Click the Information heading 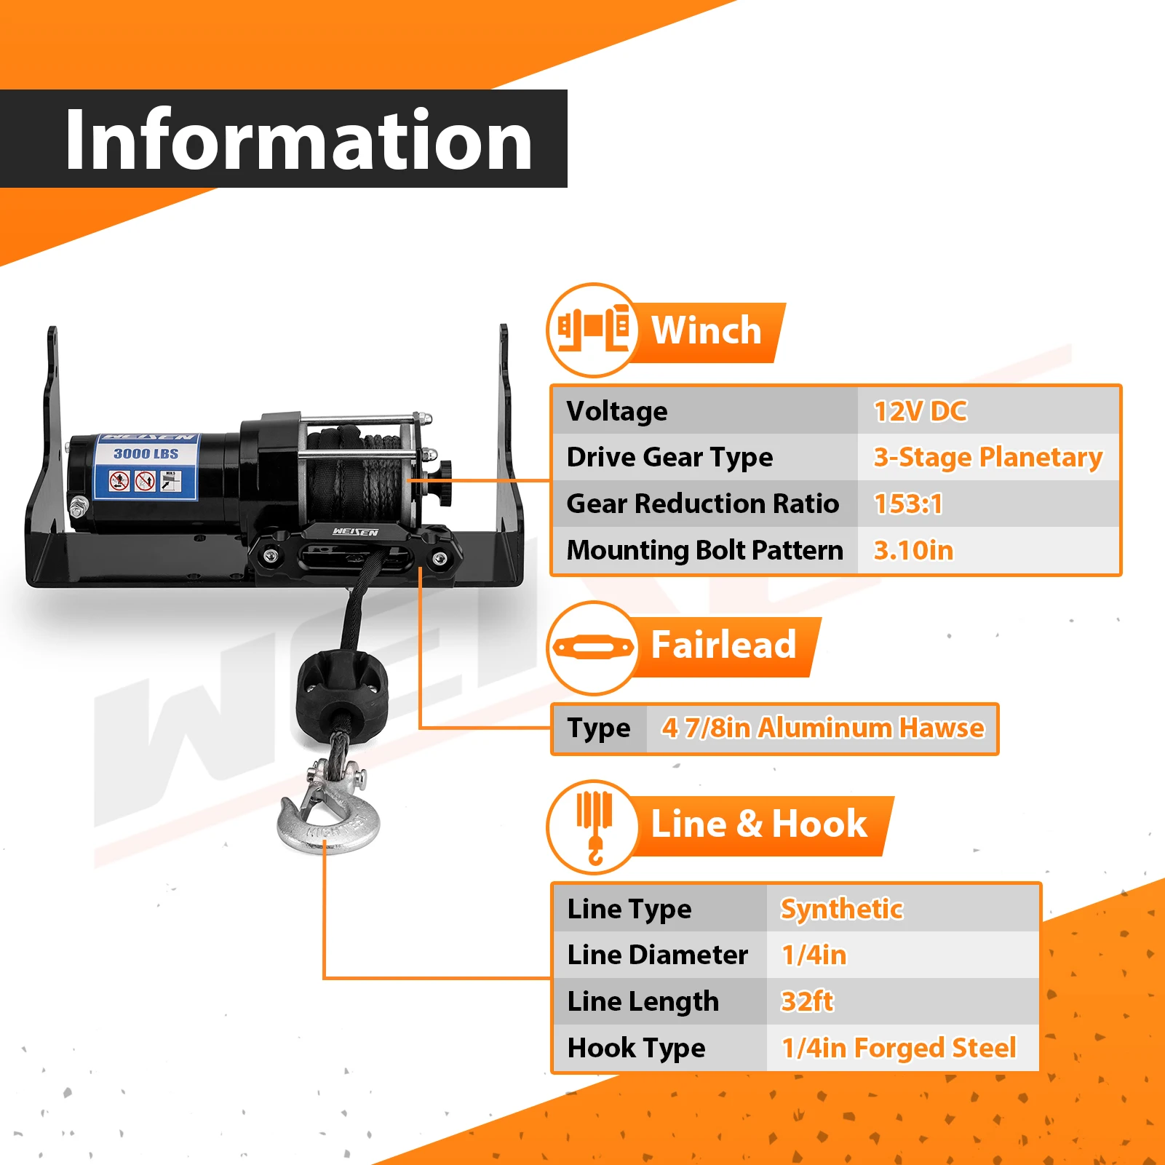coord(298,139)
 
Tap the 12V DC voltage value coord(920,411)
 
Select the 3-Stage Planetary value coord(987,457)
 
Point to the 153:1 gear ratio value coord(907,504)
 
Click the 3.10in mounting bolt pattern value coord(913,550)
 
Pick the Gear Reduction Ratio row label coord(702,504)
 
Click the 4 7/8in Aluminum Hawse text coord(822,728)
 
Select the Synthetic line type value coord(841,909)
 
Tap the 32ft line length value coord(807,1001)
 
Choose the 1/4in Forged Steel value coord(899,1048)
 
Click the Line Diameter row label coord(657,955)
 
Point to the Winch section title coord(706,330)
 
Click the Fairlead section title coord(723,645)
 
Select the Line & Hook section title coord(758,824)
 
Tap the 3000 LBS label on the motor coord(146,453)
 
